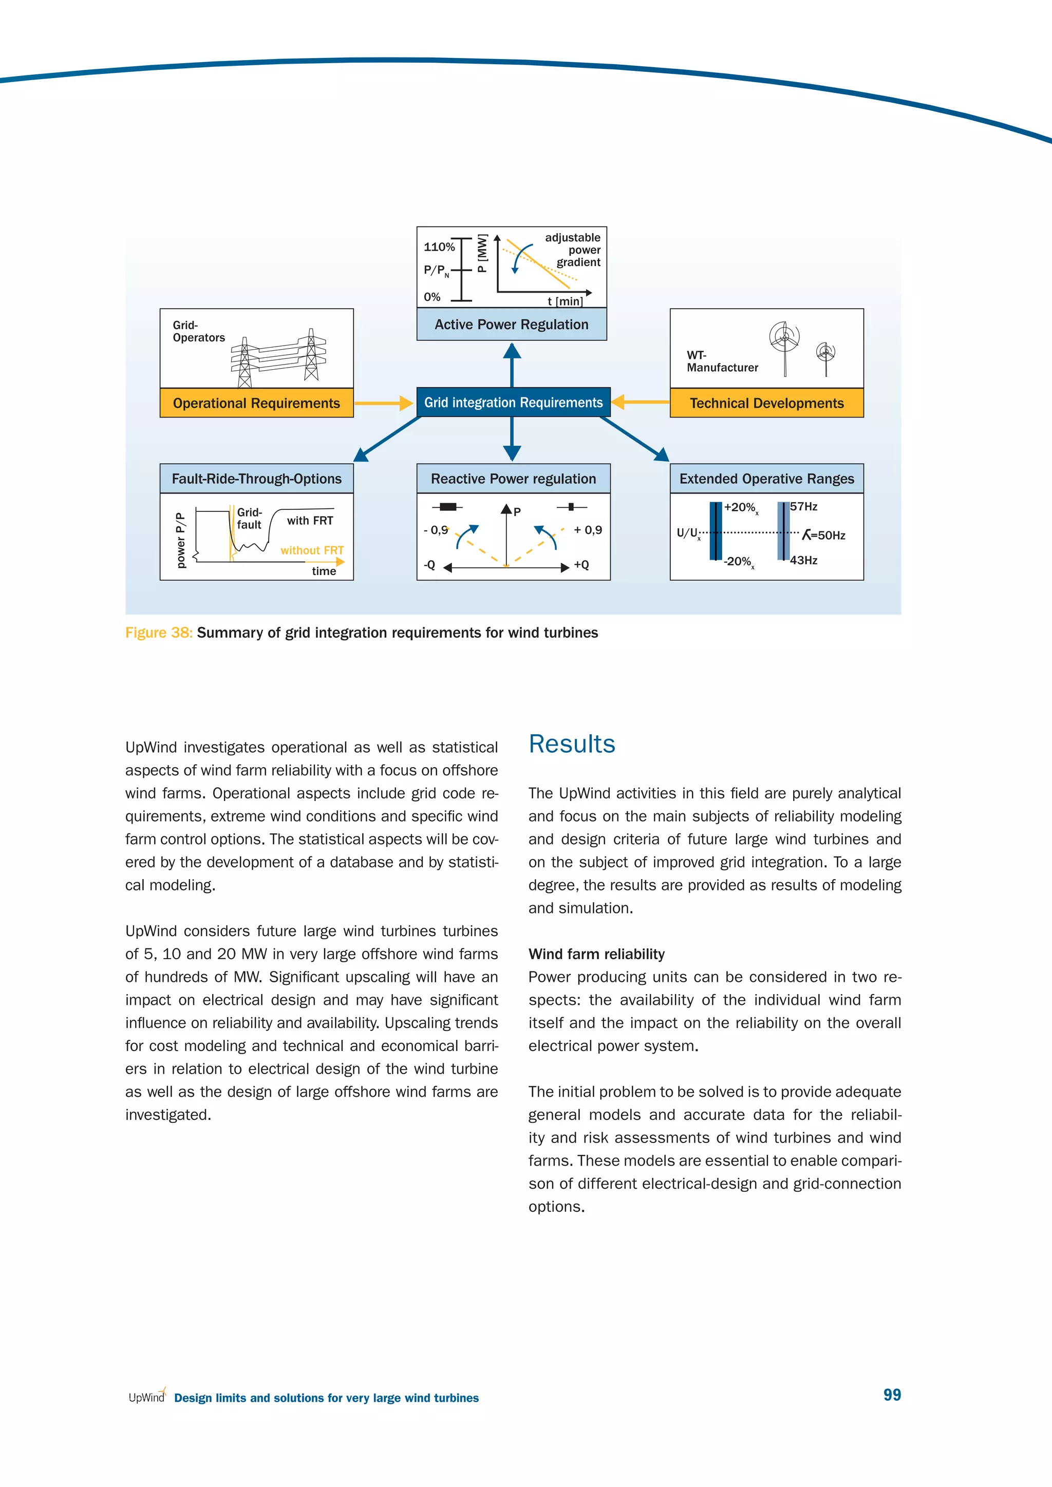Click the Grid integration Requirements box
click(513, 402)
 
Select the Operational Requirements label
click(256, 403)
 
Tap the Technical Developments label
click(766, 403)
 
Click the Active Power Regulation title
click(512, 325)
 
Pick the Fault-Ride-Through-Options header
click(256, 479)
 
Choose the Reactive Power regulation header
click(513, 479)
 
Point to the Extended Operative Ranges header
click(766, 479)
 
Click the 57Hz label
click(803, 506)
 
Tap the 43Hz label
click(803, 560)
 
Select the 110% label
click(439, 247)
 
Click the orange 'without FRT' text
click(312, 550)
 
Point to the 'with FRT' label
click(310, 521)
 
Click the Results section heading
click(571, 743)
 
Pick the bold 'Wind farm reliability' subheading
click(596, 954)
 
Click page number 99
click(892, 1395)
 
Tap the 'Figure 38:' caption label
click(159, 633)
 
